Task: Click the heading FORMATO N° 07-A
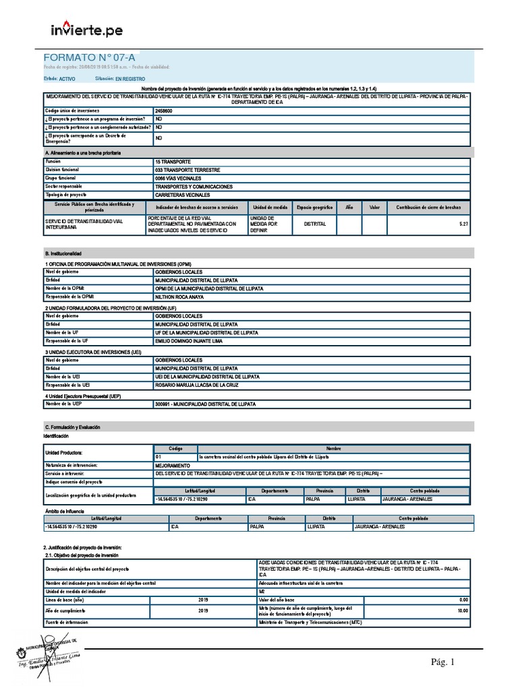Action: pos(84,59)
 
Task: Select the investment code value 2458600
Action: pos(164,110)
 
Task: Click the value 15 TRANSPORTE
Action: pos(173,162)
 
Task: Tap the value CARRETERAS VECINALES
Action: pos(184,195)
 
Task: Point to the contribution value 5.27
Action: pos(463,223)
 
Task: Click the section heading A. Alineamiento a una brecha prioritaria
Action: pos(84,154)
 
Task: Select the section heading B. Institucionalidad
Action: pos(65,253)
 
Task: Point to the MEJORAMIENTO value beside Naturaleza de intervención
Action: pos(173,465)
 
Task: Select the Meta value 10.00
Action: pos(463,610)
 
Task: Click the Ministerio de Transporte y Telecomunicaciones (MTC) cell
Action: pos(310,623)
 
